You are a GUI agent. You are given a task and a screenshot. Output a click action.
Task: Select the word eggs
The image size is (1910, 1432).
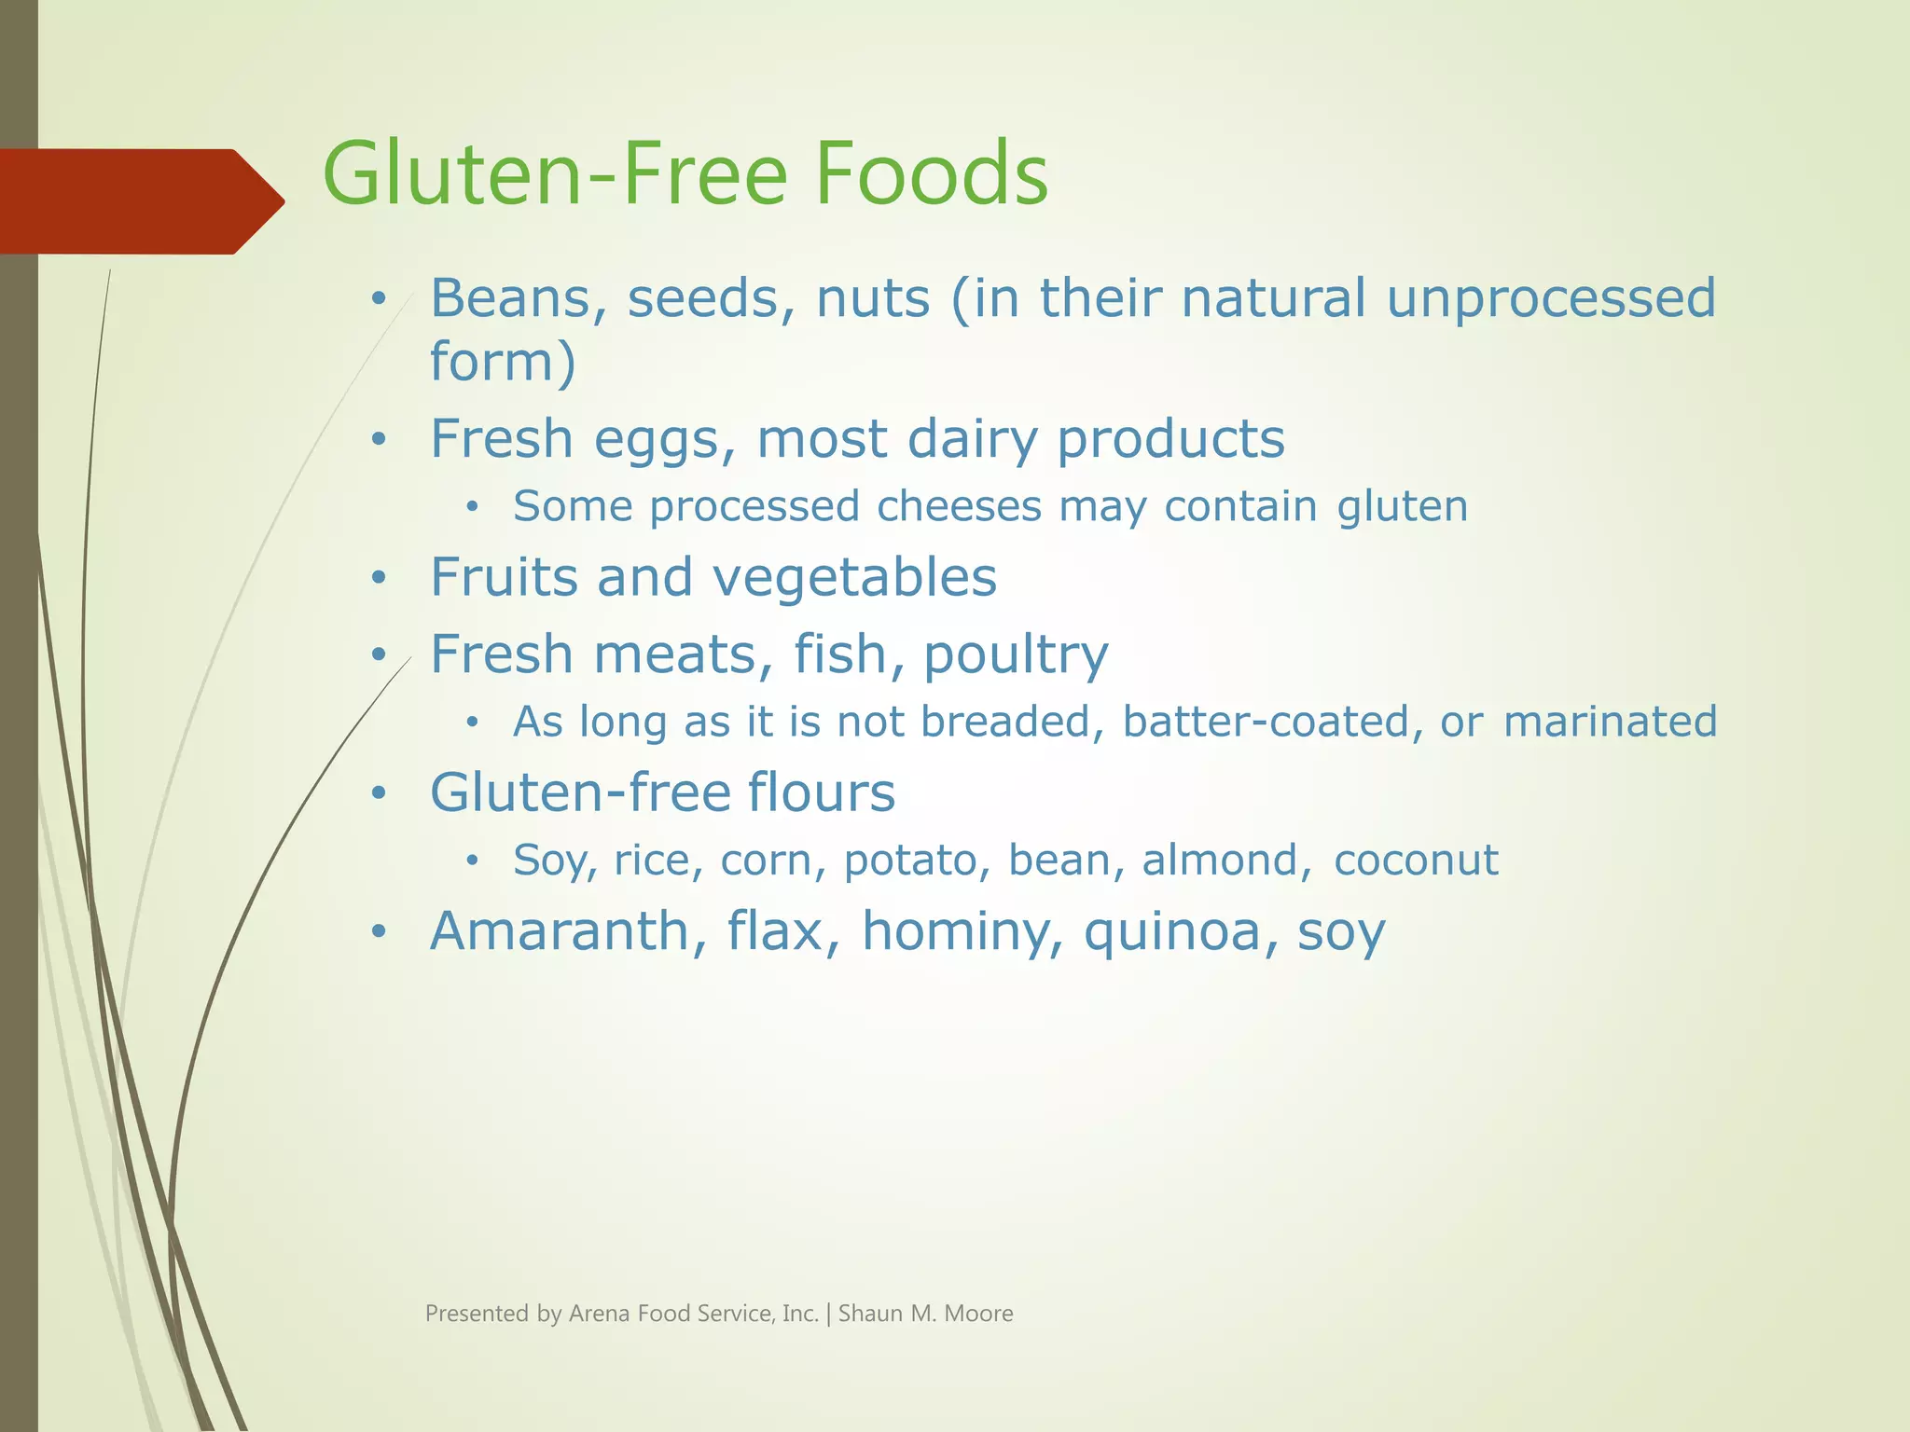663,439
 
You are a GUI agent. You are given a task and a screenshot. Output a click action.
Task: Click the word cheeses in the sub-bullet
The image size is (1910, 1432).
959,506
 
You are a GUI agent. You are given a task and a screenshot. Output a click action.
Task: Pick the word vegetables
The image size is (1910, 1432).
854,578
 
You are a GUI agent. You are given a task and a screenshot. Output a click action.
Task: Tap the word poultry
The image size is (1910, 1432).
1016,654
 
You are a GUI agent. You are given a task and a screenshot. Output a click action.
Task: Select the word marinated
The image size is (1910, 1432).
1610,722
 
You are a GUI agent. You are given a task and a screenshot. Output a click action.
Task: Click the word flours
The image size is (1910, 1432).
821,792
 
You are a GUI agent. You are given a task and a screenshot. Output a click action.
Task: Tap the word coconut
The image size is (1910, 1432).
1416,860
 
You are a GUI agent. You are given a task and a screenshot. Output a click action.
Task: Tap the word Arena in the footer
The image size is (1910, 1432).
600,1314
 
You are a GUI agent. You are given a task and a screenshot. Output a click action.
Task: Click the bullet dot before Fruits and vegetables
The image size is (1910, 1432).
378,579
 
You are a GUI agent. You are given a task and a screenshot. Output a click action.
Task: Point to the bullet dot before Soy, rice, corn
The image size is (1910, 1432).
473,861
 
